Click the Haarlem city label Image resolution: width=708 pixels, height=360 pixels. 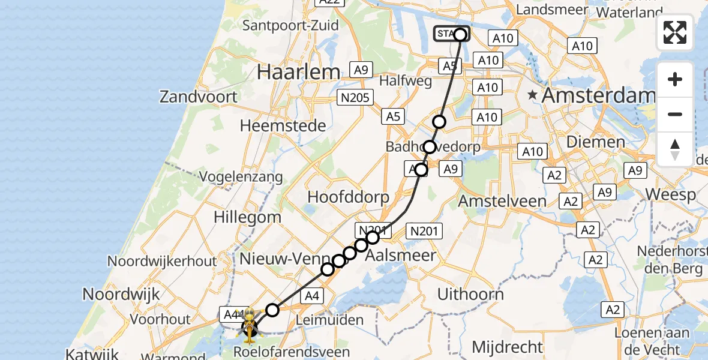point(298,72)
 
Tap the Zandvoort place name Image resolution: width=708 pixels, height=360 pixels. point(197,97)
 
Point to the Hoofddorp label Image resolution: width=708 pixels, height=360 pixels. point(348,197)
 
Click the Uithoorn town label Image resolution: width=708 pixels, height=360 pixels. point(470,294)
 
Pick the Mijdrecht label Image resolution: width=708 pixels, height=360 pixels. point(507,346)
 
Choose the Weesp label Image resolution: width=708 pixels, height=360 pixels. point(671,194)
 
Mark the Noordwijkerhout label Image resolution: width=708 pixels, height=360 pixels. point(162,262)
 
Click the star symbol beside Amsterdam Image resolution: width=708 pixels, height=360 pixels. point(532,95)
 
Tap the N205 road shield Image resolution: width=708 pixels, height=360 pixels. point(356,97)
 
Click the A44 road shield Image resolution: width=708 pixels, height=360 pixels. point(232,314)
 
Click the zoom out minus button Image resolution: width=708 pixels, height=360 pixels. point(675,114)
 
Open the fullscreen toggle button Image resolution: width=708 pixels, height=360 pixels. point(675,32)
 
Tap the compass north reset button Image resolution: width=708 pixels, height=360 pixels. point(675,149)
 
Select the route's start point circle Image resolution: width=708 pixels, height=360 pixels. point(460,34)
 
